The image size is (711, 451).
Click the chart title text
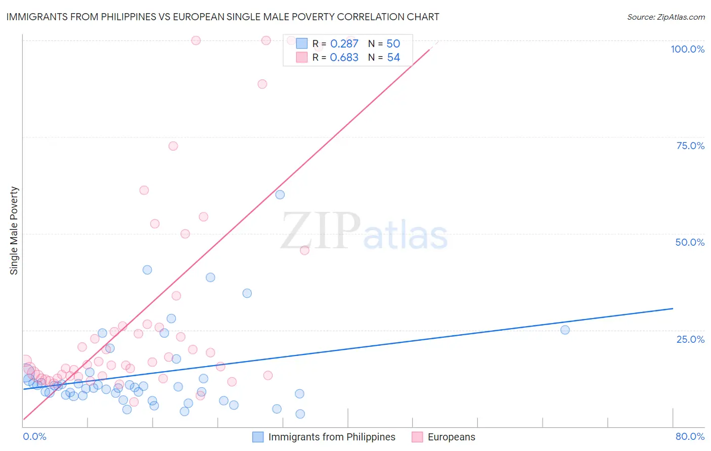pos(223,17)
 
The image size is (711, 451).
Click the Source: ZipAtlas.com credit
pos(665,17)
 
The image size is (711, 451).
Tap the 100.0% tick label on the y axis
pos(687,49)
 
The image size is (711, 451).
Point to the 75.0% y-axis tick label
pos(690,146)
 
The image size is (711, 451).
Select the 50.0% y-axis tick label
pos(690,242)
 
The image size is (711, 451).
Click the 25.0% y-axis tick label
pos(690,339)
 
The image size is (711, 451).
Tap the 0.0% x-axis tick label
pos(34,436)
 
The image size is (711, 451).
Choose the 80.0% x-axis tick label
pos(690,436)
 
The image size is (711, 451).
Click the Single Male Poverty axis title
pos(14,231)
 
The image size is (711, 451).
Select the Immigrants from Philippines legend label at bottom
pos(332,437)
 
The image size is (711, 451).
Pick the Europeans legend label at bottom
pos(451,437)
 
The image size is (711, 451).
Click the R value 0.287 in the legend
pos(344,44)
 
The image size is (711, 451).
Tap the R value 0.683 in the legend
pos(344,58)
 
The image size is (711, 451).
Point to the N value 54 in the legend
pos(393,58)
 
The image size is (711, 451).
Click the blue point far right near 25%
pos(565,330)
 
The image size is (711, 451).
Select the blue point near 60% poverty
pos(280,195)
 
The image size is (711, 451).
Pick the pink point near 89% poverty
pos(262,84)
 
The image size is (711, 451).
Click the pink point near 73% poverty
pos(173,146)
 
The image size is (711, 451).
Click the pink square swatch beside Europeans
pos(417,437)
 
